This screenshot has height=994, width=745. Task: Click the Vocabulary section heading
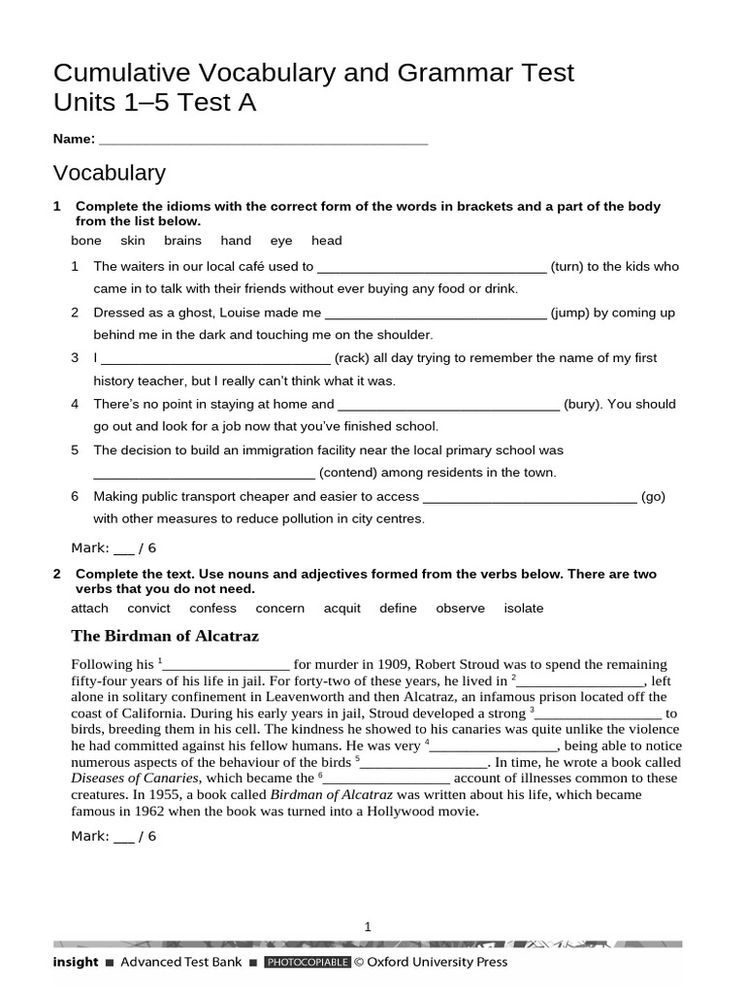pos(110,174)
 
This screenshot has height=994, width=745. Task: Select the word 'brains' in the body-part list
pos(182,241)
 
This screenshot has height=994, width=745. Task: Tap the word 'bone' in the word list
pos(86,241)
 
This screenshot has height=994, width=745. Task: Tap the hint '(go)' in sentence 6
pos(653,496)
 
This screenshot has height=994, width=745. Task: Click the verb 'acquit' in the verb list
pos(341,609)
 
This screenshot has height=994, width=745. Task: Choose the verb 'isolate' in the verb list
pos(524,609)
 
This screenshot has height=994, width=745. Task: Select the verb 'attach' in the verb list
pos(90,609)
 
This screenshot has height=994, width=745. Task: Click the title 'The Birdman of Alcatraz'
pos(165,637)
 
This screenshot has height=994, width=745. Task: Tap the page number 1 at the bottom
pos(368,927)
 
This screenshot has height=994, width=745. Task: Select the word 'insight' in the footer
pos(76,963)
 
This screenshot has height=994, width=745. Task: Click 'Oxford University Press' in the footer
pos(437,963)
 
